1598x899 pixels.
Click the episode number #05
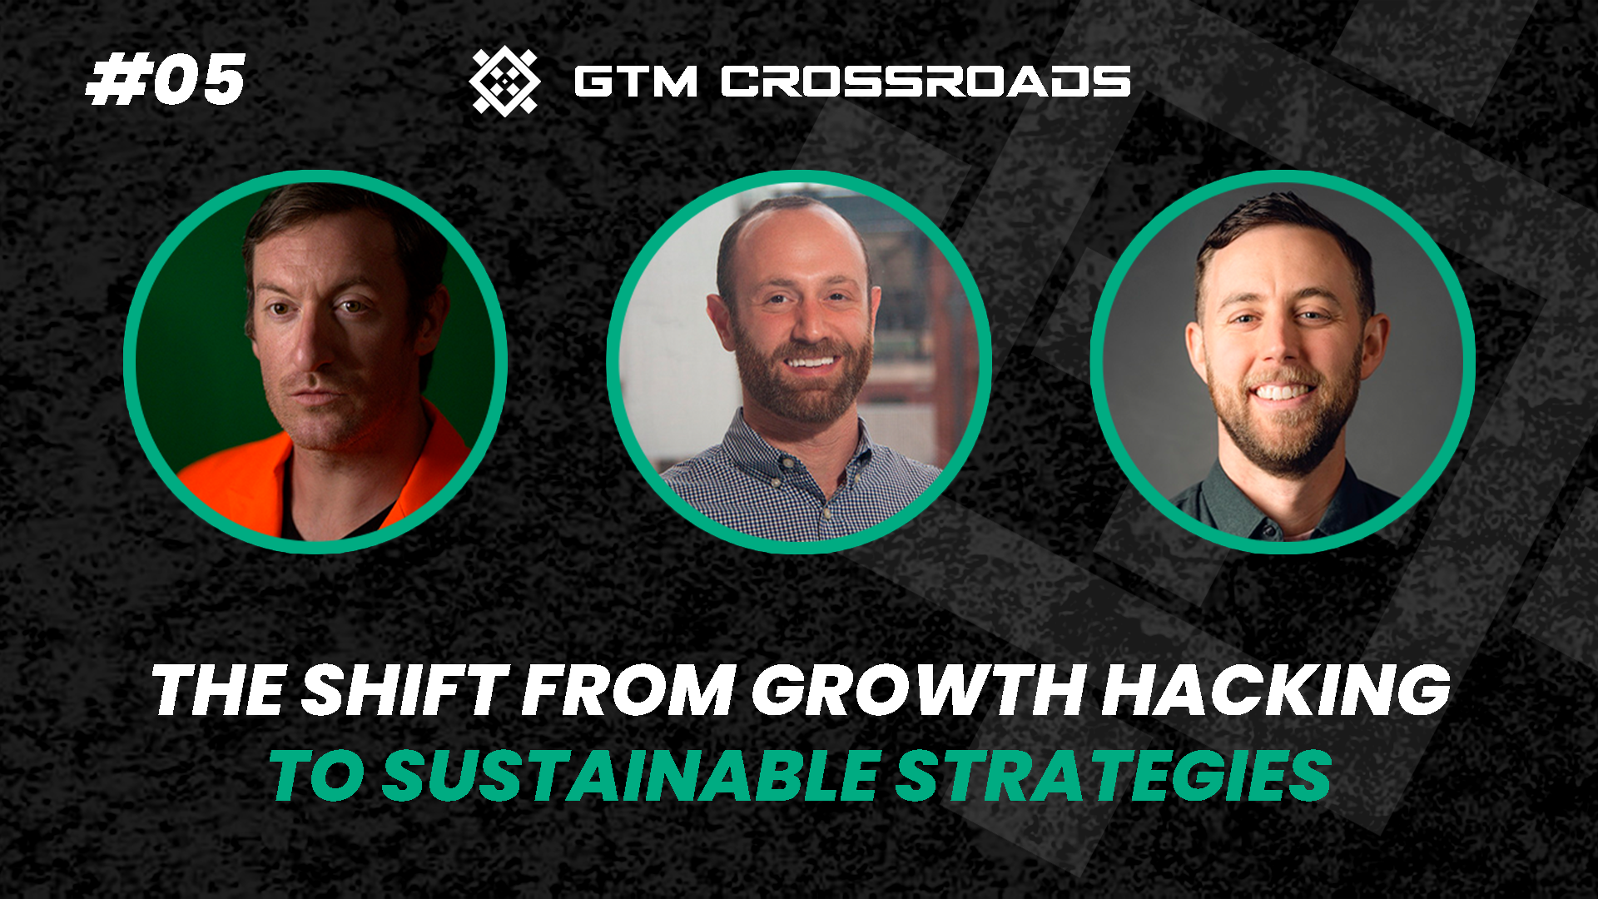[166, 81]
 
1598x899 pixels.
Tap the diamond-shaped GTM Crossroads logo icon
[504, 81]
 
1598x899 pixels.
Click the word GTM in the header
[635, 82]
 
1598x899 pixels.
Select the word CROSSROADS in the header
[926, 82]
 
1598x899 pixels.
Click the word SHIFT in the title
[404, 690]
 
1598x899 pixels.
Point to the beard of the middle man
[803, 391]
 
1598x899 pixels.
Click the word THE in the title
[219, 690]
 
